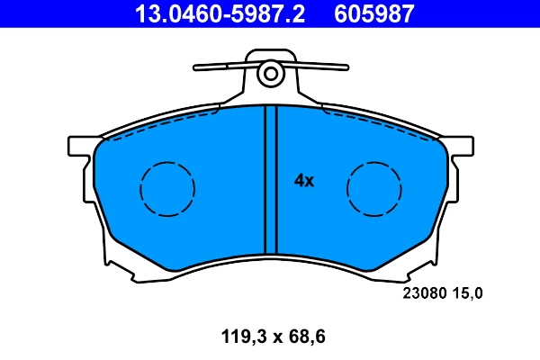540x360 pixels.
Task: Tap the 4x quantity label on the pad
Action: [x=304, y=180]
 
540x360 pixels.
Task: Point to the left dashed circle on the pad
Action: [x=167, y=189]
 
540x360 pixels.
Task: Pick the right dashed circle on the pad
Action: [x=374, y=189]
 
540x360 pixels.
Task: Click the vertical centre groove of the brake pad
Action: [x=265, y=180]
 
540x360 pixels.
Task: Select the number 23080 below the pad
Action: [x=420, y=292]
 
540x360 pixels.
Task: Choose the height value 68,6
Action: [x=304, y=337]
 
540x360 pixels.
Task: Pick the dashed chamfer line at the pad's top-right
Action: [x=378, y=122]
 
